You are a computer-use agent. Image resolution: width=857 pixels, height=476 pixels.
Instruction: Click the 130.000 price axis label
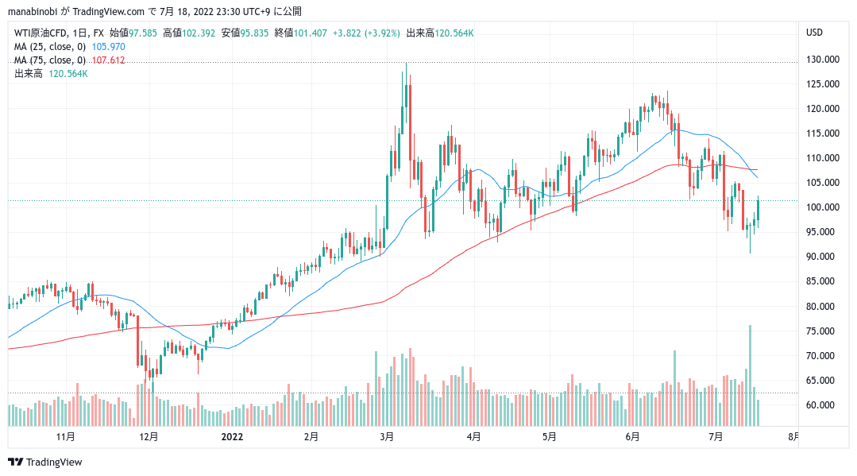pos(823,60)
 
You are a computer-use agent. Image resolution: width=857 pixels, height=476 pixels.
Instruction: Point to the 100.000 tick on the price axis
pos(823,207)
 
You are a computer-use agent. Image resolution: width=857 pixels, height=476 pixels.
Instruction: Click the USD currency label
pos(814,33)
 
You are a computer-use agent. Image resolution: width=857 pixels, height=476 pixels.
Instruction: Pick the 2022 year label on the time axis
pos(232,436)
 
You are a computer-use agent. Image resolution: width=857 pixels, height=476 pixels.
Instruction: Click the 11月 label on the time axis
pos(66,436)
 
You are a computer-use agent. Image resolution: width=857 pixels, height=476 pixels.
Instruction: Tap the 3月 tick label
pos(387,436)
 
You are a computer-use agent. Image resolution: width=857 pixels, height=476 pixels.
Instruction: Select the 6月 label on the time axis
pos(633,436)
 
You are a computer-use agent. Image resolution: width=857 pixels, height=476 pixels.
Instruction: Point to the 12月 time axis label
pos(149,436)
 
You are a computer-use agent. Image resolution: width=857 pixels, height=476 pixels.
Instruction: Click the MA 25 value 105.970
pos(110,47)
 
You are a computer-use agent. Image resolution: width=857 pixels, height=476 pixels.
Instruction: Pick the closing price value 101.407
pos(311,33)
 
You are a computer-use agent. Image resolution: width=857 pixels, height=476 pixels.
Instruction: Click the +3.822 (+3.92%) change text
pos(366,33)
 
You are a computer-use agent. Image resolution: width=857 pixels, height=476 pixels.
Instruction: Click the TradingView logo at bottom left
pos(45,462)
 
